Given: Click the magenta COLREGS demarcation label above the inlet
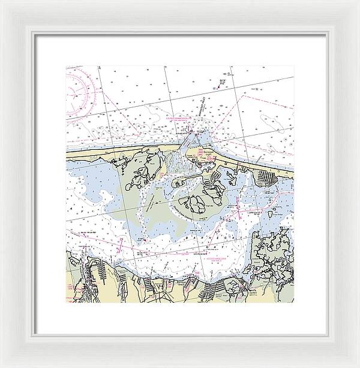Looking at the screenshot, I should point(179,119).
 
